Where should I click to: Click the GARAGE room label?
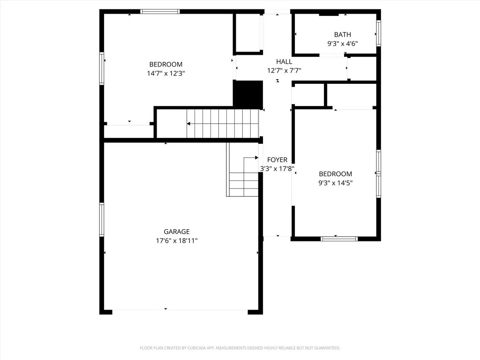[176, 232]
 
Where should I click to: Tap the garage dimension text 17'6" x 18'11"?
[176, 240]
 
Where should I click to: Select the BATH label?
[342, 35]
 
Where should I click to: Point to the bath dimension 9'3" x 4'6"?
[342, 44]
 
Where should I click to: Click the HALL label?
[284, 61]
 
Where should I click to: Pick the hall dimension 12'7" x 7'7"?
[284, 70]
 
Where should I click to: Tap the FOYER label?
[277, 160]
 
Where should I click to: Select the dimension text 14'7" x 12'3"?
[165, 73]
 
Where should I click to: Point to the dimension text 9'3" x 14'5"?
[335, 183]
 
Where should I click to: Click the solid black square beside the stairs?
[248, 94]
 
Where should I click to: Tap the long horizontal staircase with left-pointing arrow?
[223, 124]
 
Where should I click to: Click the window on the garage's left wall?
[101, 219]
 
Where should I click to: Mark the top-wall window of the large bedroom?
[160, 12]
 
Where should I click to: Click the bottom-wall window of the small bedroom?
[339, 239]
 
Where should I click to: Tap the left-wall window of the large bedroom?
[101, 68]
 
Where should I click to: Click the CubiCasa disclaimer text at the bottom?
[240, 348]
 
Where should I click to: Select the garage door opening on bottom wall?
[180, 310]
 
